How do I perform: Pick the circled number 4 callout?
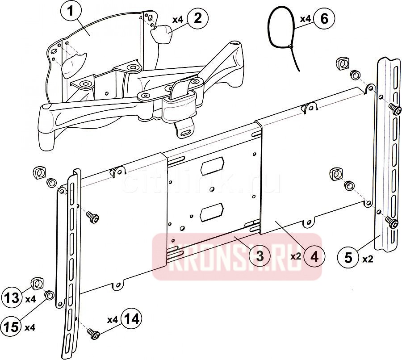[x=315, y=256]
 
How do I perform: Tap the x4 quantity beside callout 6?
[x=305, y=19]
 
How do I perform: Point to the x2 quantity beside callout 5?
[x=368, y=259]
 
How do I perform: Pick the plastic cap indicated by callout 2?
[x=162, y=34]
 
